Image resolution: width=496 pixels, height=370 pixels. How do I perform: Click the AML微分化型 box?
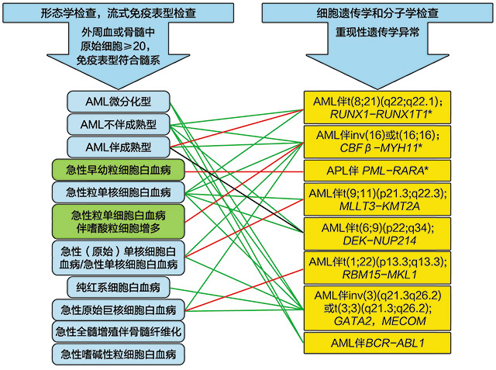(x=119, y=101)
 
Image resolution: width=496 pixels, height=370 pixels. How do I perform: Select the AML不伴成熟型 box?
(x=119, y=124)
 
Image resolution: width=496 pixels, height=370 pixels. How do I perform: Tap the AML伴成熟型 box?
(x=119, y=147)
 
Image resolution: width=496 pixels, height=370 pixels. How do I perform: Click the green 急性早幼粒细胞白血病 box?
(x=119, y=170)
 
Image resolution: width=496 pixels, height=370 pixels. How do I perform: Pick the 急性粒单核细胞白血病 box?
(x=119, y=192)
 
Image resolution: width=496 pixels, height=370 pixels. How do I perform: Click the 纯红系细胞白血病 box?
(x=119, y=287)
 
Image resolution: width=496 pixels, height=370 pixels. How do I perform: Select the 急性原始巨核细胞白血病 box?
(x=119, y=310)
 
